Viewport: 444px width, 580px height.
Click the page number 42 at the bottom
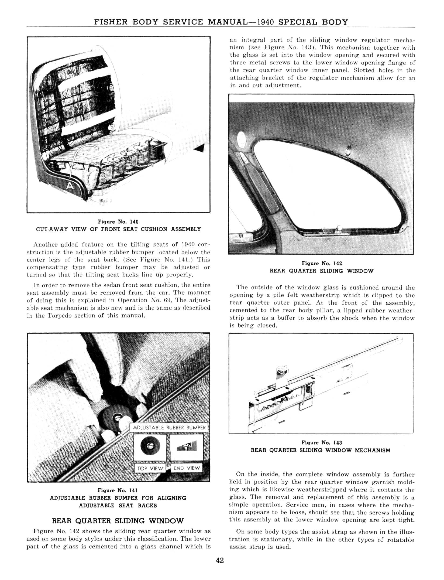tap(220, 561)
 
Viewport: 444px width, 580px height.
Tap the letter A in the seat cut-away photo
tap(70, 186)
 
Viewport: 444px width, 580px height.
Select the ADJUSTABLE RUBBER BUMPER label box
tap(169, 427)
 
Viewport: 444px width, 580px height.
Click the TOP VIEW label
tap(150, 468)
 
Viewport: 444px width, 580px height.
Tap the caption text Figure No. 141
tap(118, 490)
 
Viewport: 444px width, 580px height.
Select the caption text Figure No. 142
tap(322, 263)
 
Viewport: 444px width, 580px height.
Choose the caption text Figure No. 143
tap(322, 443)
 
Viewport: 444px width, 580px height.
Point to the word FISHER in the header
tap(111, 22)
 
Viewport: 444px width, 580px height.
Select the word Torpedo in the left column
tap(59, 316)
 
